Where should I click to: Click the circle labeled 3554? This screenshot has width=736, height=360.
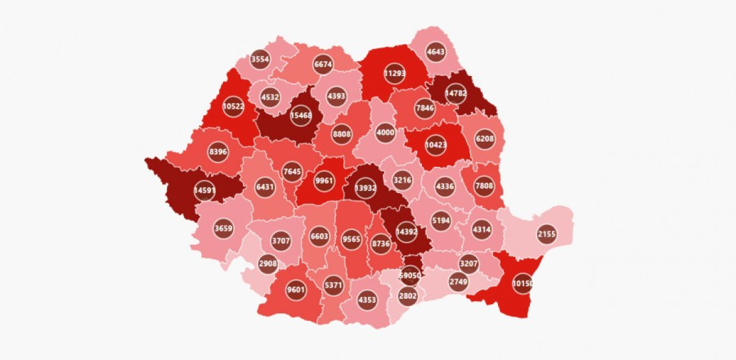tap(260, 59)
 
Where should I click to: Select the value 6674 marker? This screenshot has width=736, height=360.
tap(323, 64)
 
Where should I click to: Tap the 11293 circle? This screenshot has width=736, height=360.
tap(395, 73)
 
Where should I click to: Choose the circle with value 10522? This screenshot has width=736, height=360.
tap(234, 105)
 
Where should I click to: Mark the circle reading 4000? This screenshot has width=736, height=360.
tap(385, 132)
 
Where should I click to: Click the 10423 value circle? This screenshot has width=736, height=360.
tap(435, 145)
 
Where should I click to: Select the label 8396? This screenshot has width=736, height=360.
tap(218, 151)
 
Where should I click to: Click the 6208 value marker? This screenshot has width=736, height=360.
tap(485, 139)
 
